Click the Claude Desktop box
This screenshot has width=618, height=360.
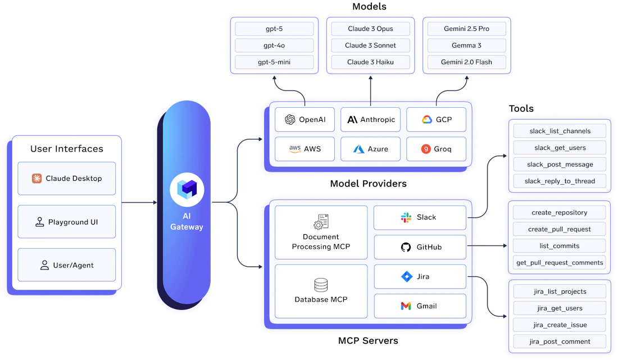[x=66, y=179]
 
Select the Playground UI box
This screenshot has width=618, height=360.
[x=66, y=222]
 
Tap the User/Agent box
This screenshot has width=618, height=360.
[x=66, y=265]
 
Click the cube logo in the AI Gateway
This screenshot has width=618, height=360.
[x=187, y=189]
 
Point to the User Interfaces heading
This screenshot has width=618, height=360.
[x=66, y=149]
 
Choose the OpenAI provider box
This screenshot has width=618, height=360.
[x=305, y=120]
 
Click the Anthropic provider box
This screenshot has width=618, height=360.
[x=370, y=120]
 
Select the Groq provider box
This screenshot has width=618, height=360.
[x=436, y=149]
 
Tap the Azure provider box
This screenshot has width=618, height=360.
[x=370, y=149]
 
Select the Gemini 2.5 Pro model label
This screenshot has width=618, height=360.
[x=467, y=29]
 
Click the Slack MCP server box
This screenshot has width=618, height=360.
[x=420, y=217]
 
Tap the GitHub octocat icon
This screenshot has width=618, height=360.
[x=406, y=247]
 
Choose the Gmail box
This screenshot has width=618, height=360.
[x=420, y=306]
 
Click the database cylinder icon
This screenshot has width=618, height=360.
[x=321, y=285]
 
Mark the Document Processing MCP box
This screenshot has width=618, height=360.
[x=321, y=232]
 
